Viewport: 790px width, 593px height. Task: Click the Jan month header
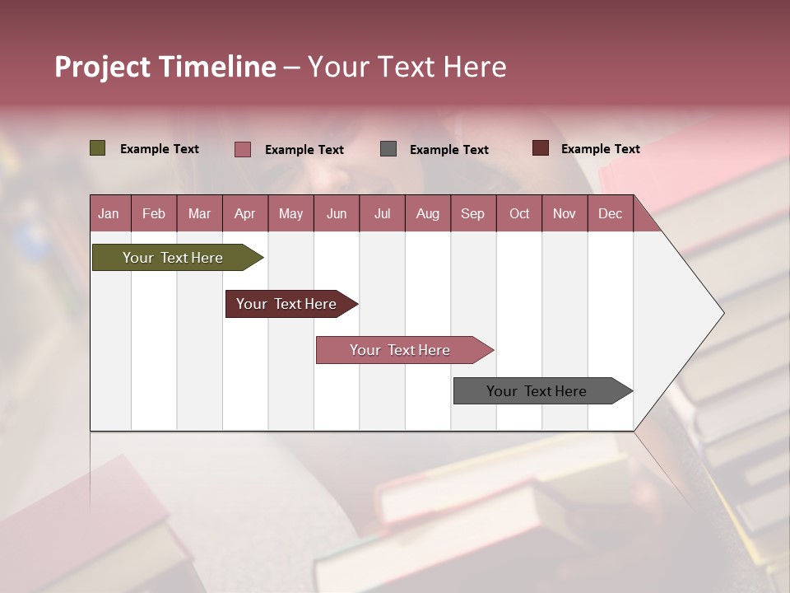point(109,213)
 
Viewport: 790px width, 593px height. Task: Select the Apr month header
point(244,213)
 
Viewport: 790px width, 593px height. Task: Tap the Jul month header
point(382,213)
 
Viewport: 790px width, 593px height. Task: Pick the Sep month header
point(472,213)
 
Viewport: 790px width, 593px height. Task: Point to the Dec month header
point(610,213)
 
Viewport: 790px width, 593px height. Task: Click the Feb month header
point(154,213)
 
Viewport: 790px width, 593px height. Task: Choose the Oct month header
point(519,213)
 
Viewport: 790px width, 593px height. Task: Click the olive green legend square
point(97,148)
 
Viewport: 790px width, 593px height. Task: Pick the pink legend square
point(242,149)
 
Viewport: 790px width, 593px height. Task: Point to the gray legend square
point(388,149)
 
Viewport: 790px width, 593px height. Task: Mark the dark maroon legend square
point(540,148)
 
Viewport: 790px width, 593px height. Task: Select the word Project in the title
point(102,67)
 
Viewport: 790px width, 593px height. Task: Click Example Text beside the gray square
point(448,150)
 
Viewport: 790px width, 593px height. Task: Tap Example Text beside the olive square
point(160,149)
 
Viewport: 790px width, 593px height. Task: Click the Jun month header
point(337,213)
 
